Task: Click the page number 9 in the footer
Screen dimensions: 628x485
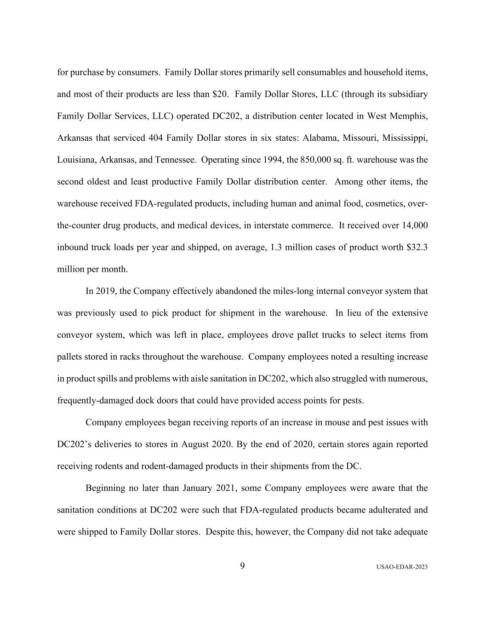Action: coord(242,566)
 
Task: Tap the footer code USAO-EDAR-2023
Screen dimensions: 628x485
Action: coord(402,567)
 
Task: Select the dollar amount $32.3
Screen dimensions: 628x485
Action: coord(417,248)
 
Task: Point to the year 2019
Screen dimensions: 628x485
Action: coord(105,291)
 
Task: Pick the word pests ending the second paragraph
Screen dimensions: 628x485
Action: coord(353,401)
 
